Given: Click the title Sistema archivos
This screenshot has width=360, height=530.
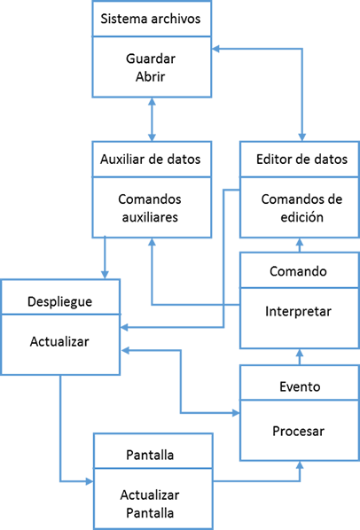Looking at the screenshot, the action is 151,19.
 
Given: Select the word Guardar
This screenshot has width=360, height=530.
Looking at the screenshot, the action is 151,58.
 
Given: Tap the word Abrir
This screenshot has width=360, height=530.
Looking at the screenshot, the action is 151,77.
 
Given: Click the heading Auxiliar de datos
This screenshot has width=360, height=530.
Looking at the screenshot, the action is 151,160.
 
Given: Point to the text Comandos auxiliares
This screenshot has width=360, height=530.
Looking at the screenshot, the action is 150,208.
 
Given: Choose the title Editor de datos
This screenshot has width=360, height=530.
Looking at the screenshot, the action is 301,160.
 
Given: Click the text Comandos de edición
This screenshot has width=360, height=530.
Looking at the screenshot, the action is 301,208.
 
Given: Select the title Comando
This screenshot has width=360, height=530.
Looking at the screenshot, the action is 298,271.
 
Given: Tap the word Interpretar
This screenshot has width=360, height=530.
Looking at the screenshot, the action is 298,311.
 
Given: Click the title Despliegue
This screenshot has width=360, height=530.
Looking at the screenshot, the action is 59,301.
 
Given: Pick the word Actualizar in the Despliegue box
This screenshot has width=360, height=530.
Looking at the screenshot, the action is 59,341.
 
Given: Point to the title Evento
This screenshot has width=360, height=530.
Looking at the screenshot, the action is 300,386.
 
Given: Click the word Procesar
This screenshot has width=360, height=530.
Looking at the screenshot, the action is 299,431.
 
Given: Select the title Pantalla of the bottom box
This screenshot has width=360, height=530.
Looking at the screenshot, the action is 150,455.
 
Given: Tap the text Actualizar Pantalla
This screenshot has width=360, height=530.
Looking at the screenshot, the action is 150,504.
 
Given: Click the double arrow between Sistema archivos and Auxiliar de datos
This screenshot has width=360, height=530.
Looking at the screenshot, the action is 153,120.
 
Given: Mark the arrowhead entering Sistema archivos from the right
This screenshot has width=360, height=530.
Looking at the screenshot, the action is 216,49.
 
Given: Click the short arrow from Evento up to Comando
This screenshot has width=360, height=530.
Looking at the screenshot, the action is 300,357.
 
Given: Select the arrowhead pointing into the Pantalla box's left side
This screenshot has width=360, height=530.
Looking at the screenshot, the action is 90,481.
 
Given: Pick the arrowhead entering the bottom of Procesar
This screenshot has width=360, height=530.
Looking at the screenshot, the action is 300,465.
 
